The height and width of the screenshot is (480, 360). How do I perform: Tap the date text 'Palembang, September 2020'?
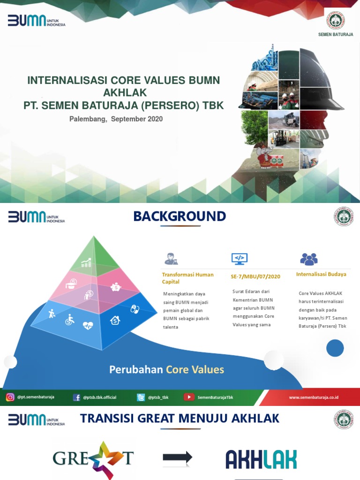(116, 119)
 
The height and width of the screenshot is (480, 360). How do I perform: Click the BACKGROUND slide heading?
(180, 216)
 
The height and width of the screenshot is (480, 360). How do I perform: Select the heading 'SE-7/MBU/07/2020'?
(255, 277)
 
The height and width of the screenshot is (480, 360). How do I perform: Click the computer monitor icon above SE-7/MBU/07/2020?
(239, 258)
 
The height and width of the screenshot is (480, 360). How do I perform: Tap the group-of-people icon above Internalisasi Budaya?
(308, 259)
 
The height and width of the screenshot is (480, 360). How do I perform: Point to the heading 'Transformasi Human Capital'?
(187, 278)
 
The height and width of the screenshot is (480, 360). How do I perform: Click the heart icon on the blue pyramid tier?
(88, 325)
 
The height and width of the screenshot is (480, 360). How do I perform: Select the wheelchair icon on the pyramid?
(69, 319)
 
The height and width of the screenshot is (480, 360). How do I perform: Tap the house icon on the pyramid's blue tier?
(115, 320)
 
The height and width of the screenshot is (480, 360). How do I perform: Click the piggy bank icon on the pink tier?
(115, 287)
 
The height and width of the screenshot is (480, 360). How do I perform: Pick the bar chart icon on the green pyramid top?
(86, 263)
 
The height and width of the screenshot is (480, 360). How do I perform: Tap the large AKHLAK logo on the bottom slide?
(261, 459)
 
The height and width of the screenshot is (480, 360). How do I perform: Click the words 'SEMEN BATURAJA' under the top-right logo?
(336, 35)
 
